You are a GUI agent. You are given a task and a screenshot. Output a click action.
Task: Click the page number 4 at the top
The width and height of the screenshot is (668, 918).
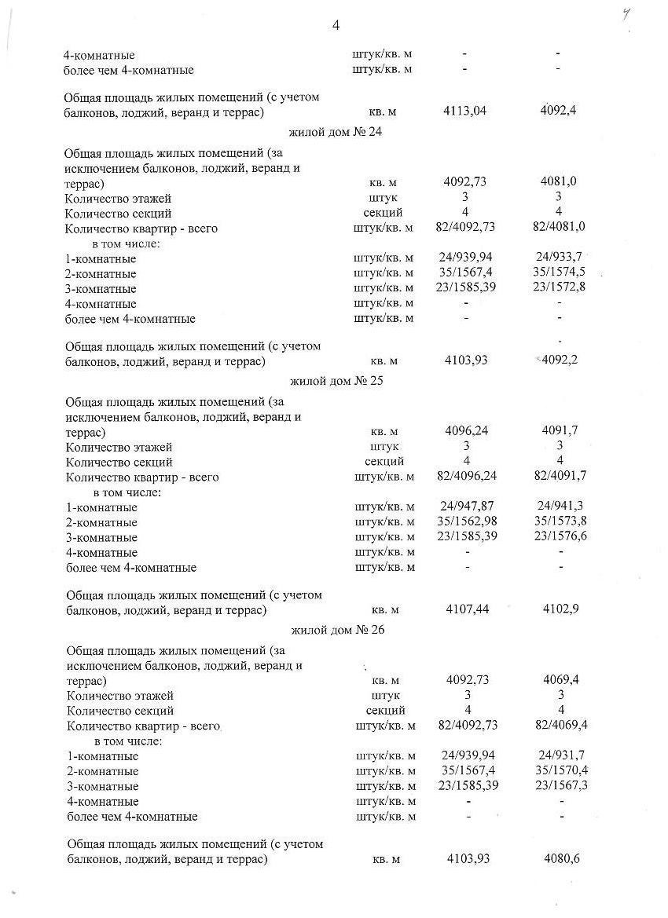coord(336,26)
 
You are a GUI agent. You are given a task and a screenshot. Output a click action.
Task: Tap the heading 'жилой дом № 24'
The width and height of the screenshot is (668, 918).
coord(330,132)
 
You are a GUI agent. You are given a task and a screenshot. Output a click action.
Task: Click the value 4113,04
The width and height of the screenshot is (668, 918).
coord(465,111)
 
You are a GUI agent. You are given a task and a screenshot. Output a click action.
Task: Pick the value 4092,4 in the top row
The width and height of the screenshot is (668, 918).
coord(559,111)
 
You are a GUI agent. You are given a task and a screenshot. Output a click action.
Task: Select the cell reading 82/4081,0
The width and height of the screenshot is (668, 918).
coord(560,228)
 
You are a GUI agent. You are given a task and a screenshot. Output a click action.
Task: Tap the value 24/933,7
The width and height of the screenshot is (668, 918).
coord(560,258)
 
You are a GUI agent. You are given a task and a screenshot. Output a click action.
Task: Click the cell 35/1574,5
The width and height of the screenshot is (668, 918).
coord(560,272)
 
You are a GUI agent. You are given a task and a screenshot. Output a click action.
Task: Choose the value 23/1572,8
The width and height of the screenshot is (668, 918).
coord(560,287)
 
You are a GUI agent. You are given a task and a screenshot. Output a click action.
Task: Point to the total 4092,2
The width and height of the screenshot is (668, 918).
coord(560,360)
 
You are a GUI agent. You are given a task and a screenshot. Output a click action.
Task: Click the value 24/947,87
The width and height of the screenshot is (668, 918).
coord(467,507)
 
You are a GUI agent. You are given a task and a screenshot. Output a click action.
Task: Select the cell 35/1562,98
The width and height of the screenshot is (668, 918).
coord(467,522)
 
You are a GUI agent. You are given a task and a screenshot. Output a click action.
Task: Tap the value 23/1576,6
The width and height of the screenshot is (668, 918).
coord(560,536)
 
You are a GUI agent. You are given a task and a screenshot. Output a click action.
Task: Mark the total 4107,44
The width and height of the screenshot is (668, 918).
coord(467,609)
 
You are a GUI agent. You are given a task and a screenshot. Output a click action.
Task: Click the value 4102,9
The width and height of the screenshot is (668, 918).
coord(561,609)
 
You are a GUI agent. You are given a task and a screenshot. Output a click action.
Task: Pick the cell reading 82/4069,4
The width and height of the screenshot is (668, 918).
coord(561,725)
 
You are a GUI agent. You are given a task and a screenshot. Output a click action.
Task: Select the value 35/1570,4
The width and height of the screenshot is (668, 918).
coord(561,770)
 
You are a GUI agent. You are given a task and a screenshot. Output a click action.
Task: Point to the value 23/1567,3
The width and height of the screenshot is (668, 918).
coord(561,785)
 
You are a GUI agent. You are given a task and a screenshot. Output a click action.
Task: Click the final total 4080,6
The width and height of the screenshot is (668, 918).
coord(562,859)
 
